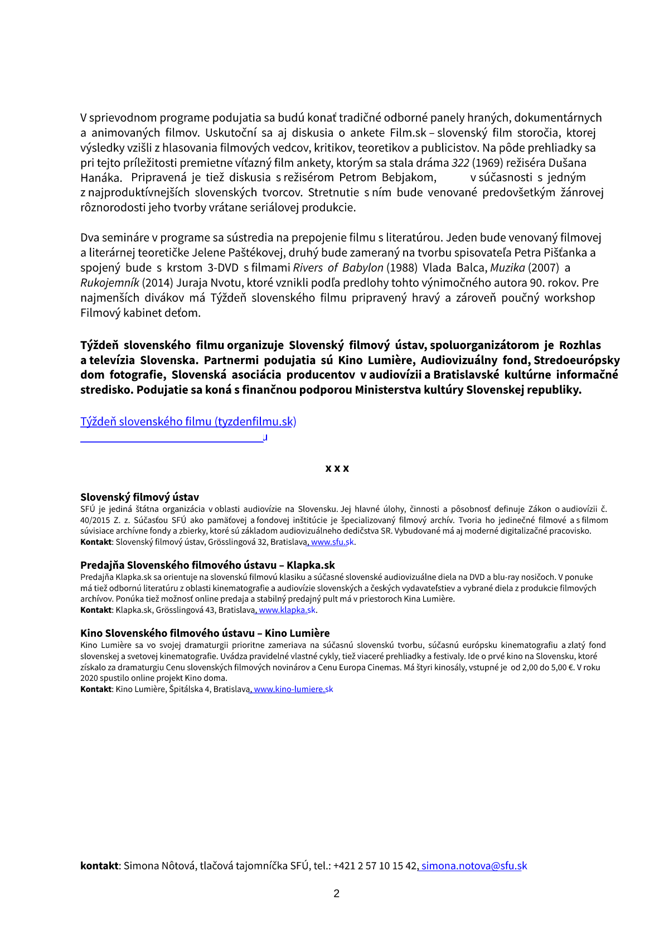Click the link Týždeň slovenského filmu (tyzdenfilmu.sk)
click(188, 422)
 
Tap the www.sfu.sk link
click(332, 542)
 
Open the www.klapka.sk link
click(287, 610)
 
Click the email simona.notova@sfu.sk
click(474, 866)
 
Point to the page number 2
click(336, 894)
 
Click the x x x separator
click(337, 468)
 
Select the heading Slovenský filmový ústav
click(139, 497)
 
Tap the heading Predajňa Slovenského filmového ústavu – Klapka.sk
click(207, 565)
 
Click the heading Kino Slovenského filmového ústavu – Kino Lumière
click(205, 633)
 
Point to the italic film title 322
click(460, 163)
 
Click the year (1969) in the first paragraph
click(488, 163)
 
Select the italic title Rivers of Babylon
click(338, 268)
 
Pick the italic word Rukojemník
click(109, 283)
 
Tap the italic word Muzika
click(507, 268)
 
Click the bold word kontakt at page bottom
click(99, 866)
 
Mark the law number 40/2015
click(95, 520)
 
